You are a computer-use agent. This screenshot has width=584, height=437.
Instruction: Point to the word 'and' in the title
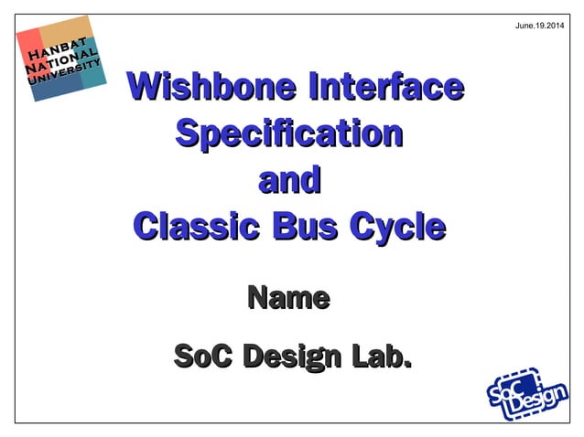[x=289, y=179]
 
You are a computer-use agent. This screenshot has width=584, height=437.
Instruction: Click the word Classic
[x=196, y=225]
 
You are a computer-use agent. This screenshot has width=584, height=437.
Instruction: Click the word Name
[x=288, y=298]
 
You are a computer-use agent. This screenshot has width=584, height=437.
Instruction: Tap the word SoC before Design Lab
[x=203, y=357]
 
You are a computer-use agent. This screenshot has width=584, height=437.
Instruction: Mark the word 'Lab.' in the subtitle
[x=375, y=357]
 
